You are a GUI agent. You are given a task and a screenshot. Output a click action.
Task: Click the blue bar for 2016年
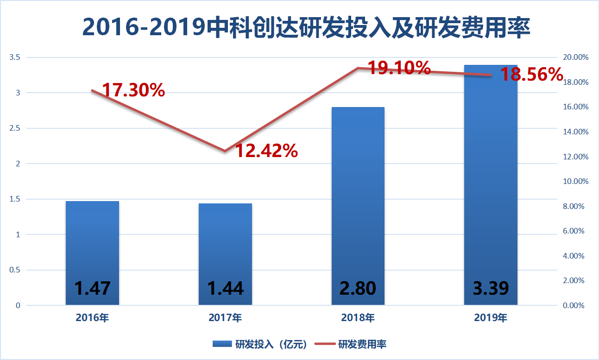pyautogui.click(x=92, y=241)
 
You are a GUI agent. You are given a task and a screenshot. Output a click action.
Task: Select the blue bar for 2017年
pyautogui.click(x=225, y=241)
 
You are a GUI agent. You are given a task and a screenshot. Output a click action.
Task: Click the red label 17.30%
pyautogui.click(x=133, y=90)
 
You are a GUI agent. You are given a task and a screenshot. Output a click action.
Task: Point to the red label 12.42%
pyautogui.click(x=267, y=151)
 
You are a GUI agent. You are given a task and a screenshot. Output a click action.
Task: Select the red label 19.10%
pyautogui.click(x=399, y=69)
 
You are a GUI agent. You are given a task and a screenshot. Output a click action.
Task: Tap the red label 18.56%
pyautogui.click(x=532, y=74)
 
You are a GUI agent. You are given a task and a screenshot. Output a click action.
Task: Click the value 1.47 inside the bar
pyautogui.click(x=92, y=288)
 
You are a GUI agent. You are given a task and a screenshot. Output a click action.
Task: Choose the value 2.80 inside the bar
pyautogui.click(x=358, y=288)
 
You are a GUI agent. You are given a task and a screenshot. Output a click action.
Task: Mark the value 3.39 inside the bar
pyautogui.click(x=491, y=288)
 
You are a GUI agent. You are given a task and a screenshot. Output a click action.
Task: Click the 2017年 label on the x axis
pyautogui.click(x=225, y=318)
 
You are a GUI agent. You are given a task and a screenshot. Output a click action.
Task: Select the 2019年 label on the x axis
pyautogui.click(x=491, y=318)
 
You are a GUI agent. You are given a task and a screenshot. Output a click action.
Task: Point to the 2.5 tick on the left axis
pyautogui.click(x=18, y=128)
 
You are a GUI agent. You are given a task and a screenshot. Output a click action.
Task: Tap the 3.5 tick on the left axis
pyautogui.click(x=18, y=57)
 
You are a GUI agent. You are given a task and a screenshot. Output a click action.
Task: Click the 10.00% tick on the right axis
pyautogui.click(x=575, y=181)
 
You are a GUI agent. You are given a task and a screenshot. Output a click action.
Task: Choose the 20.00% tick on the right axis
pyautogui.click(x=575, y=57)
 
